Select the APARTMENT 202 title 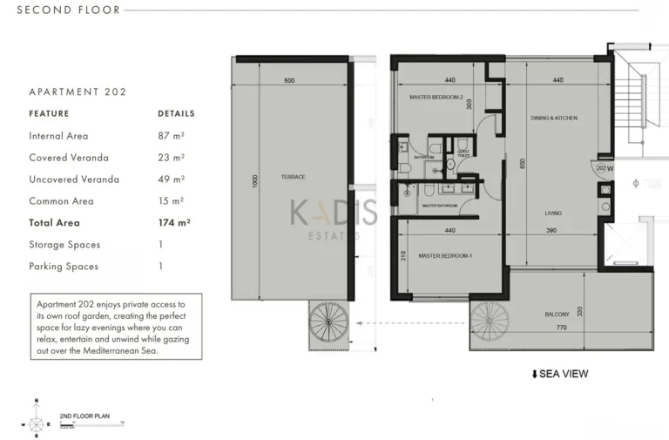coord(78,91)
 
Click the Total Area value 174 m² coord(174,223)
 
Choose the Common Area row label coord(63,201)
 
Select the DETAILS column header coord(176,113)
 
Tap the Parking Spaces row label coord(64,267)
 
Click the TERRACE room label coord(293,177)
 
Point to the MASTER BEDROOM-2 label coord(436,98)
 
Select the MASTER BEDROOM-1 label coord(444,256)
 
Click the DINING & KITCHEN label coord(554,118)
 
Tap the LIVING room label coord(552,213)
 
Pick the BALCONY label coord(557,314)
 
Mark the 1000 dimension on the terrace coord(254,181)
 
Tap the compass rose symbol coord(36,424)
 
